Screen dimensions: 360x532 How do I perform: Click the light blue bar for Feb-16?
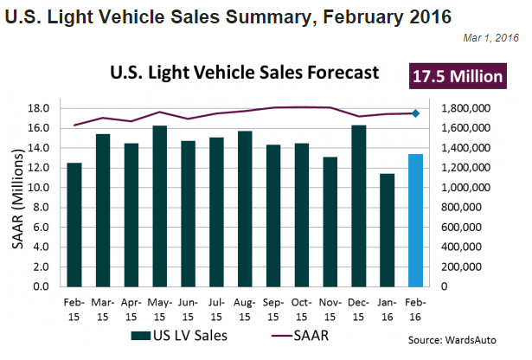click(x=416, y=220)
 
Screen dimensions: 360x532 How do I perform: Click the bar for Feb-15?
click(x=74, y=224)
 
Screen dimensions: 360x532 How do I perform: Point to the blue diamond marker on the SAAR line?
click(x=416, y=113)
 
